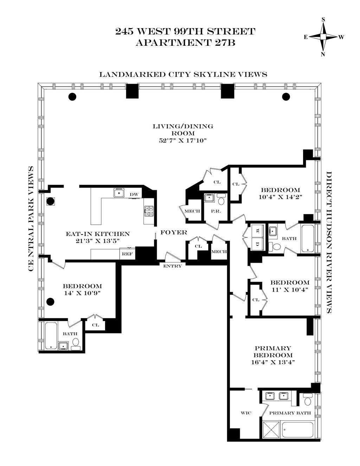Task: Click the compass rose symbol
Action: tap(323, 37)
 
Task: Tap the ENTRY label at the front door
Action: tap(172, 266)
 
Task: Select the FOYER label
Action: tap(174, 232)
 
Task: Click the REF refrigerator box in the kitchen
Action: tap(128, 254)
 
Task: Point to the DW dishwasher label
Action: tap(134, 194)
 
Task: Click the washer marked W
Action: tap(257, 231)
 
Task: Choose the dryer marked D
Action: tap(257, 244)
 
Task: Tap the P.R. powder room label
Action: tap(216, 211)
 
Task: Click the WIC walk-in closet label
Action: tap(246, 413)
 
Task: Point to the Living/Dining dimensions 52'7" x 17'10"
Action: tap(183, 140)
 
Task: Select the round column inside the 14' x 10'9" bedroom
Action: tap(50, 302)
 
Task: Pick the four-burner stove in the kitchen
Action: tap(149, 211)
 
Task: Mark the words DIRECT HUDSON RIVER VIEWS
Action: tap(329, 242)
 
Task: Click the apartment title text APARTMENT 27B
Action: tap(186, 43)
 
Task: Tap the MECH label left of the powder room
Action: tap(192, 211)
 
